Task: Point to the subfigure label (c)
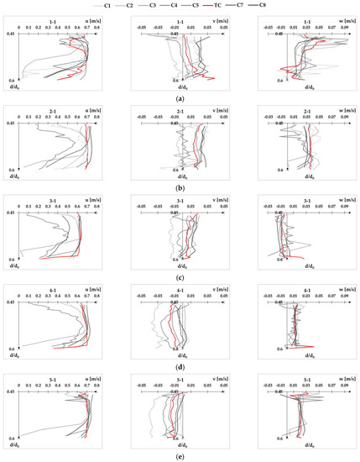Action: tap(180, 278)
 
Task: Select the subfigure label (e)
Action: tap(180, 456)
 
